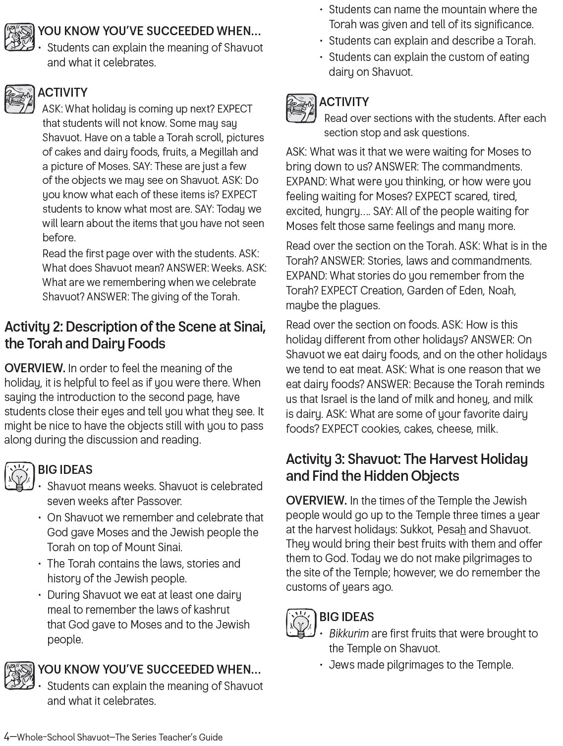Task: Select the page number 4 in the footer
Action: coord(7,737)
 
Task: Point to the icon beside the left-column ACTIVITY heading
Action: coord(19,99)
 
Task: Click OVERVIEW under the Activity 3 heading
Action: coord(316,501)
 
